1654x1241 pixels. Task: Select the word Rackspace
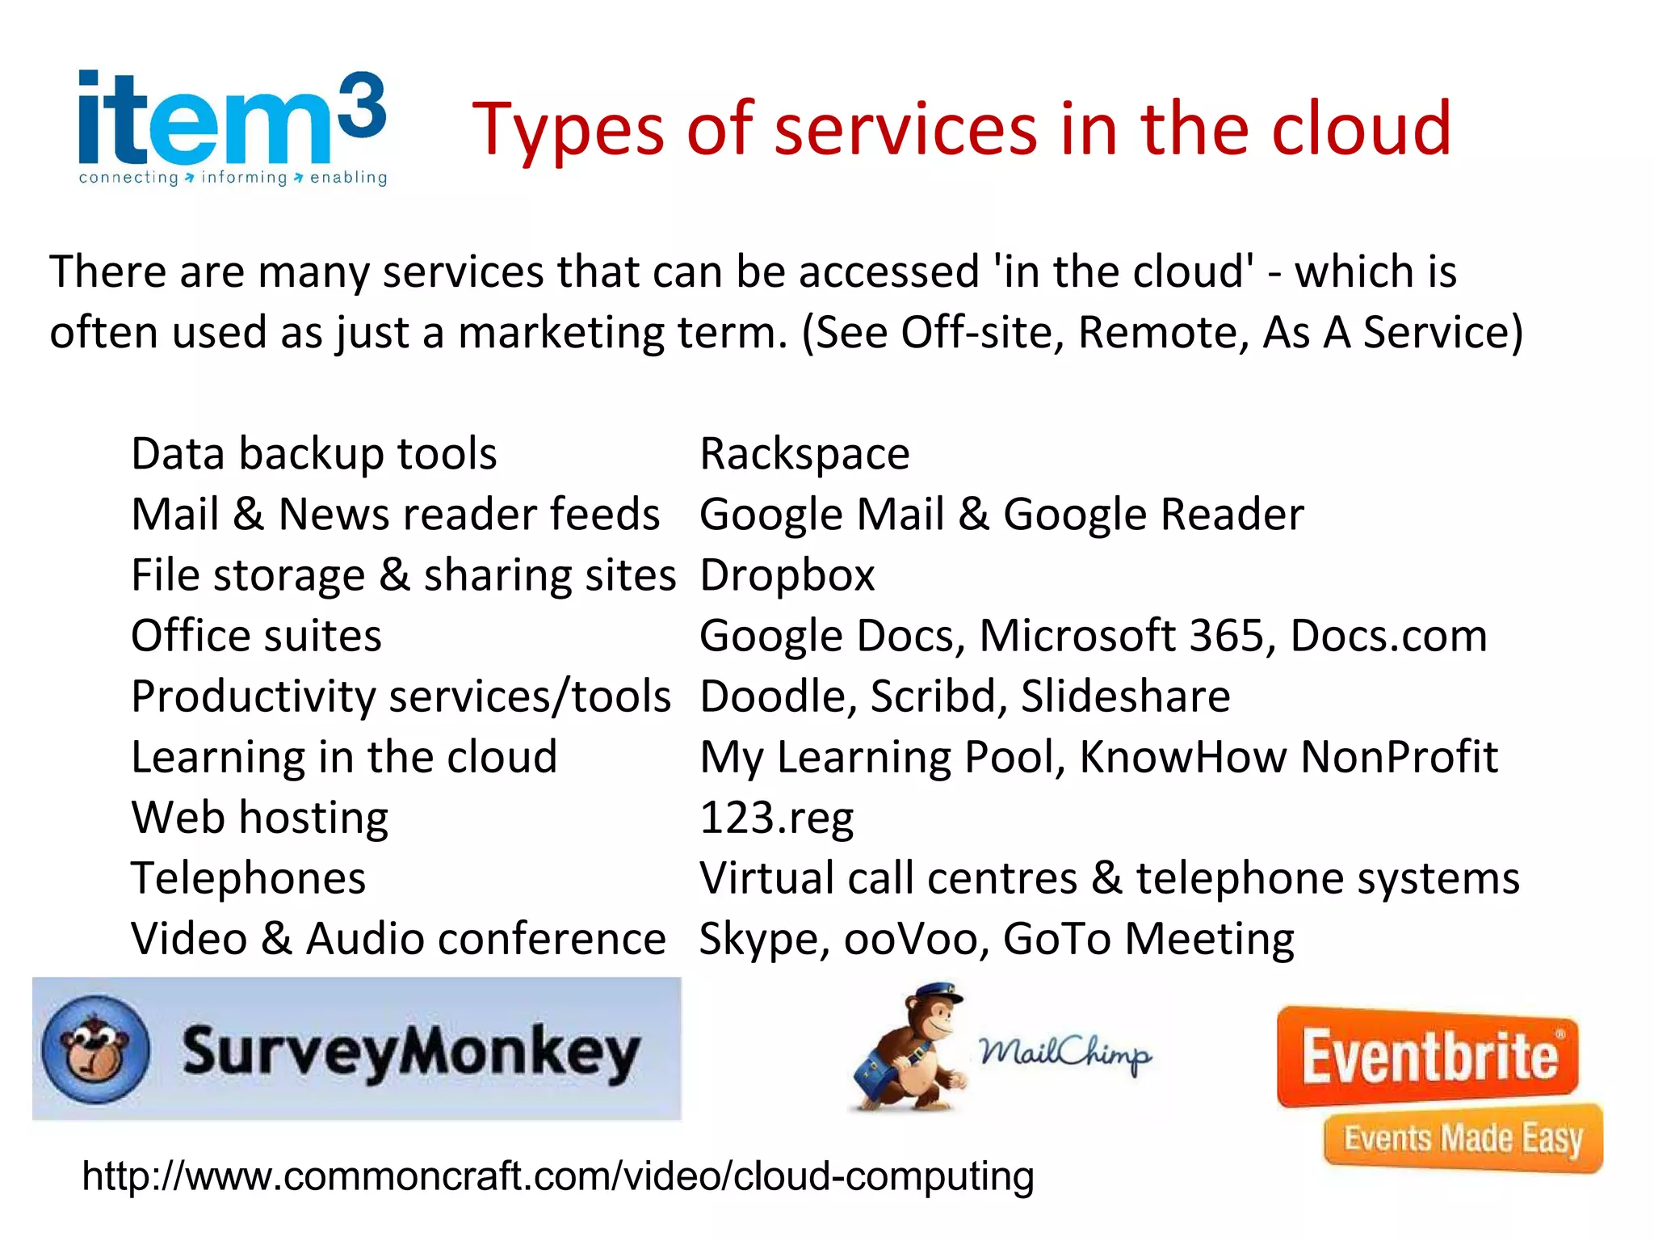804,454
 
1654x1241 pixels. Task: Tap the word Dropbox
787,575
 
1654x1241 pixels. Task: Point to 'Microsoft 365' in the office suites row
1122,636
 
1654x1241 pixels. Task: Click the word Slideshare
1125,696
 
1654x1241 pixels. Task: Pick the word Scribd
938,696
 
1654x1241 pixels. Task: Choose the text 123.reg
776,818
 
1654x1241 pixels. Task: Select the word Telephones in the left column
249,878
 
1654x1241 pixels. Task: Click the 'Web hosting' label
260,818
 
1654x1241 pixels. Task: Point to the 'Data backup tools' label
314,454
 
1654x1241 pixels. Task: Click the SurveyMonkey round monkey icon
95,1049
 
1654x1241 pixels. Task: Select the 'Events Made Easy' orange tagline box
1463,1138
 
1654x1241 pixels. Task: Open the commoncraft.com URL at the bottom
558,1176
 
